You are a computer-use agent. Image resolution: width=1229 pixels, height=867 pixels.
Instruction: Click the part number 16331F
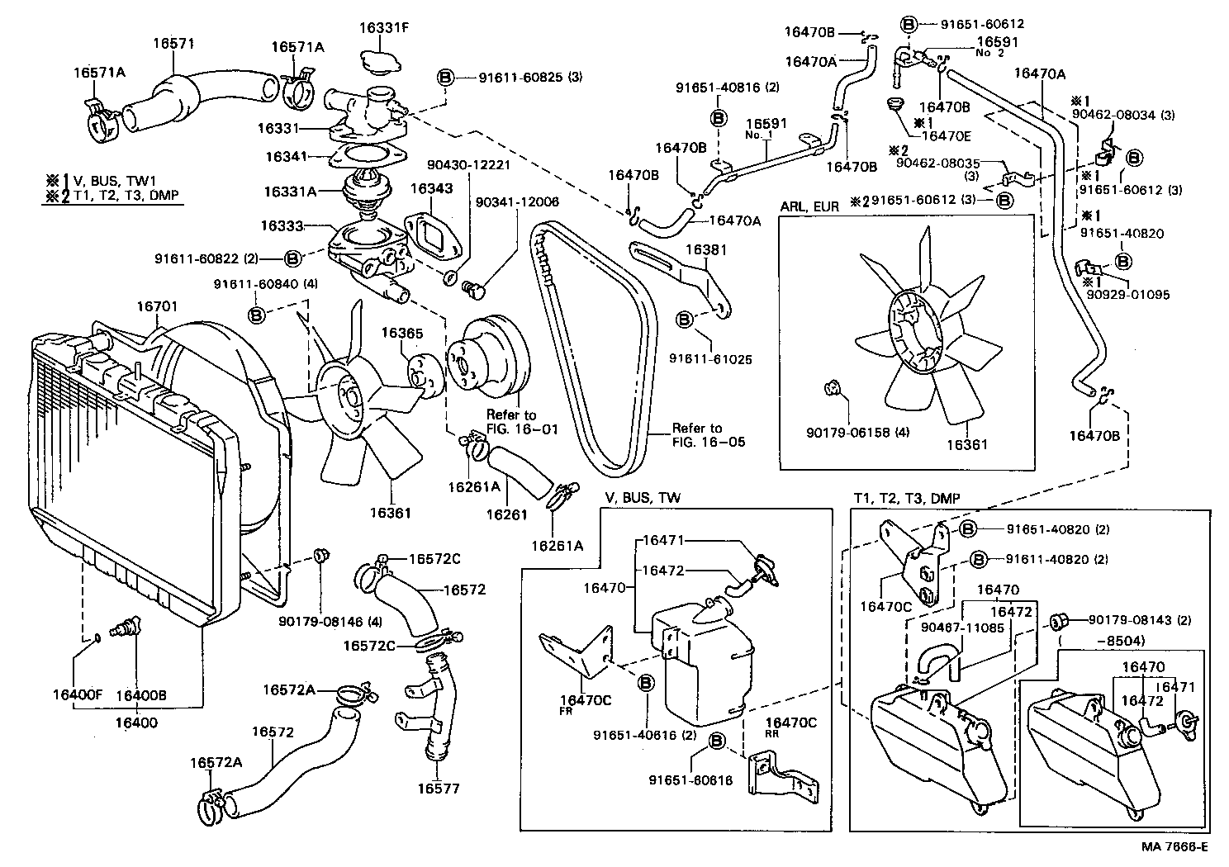coord(383,27)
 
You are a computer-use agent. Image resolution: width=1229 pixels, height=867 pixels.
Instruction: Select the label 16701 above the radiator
coord(157,307)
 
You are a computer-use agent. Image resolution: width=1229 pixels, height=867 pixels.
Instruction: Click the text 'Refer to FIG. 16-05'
coord(708,435)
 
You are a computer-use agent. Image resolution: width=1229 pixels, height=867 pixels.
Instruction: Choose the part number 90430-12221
coord(468,164)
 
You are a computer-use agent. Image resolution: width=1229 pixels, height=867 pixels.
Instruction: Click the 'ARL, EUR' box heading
coord(809,206)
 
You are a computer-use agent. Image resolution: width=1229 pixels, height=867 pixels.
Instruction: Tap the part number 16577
coord(438,789)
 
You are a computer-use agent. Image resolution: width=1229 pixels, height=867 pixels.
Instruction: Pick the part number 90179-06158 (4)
coord(858,432)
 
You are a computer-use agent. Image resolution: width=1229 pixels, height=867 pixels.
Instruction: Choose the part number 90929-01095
coord(1127,294)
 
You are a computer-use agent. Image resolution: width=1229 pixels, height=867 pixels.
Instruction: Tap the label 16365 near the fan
coord(401,334)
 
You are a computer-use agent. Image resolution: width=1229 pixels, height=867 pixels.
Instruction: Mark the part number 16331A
coord(290,192)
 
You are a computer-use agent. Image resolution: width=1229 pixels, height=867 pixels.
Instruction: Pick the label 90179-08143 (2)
coord(1138,620)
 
